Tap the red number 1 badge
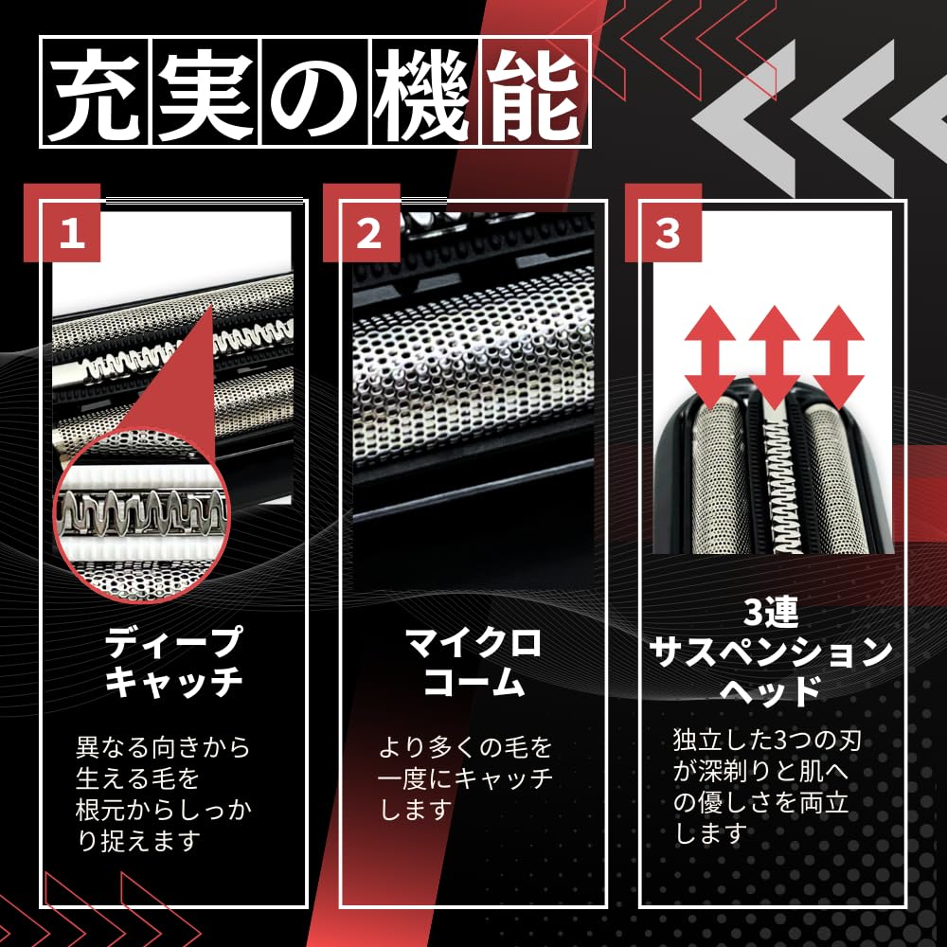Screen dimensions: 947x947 (73, 231)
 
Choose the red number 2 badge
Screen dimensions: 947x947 (369, 231)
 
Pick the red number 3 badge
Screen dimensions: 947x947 (669, 231)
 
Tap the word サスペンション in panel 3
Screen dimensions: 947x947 (773, 652)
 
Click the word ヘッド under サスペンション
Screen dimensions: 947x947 (772, 691)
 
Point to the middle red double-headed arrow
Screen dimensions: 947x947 (774, 355)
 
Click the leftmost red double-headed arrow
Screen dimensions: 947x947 (710, 355)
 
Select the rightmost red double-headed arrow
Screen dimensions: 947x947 (837, 355)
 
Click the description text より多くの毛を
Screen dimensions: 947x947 (465, 748)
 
